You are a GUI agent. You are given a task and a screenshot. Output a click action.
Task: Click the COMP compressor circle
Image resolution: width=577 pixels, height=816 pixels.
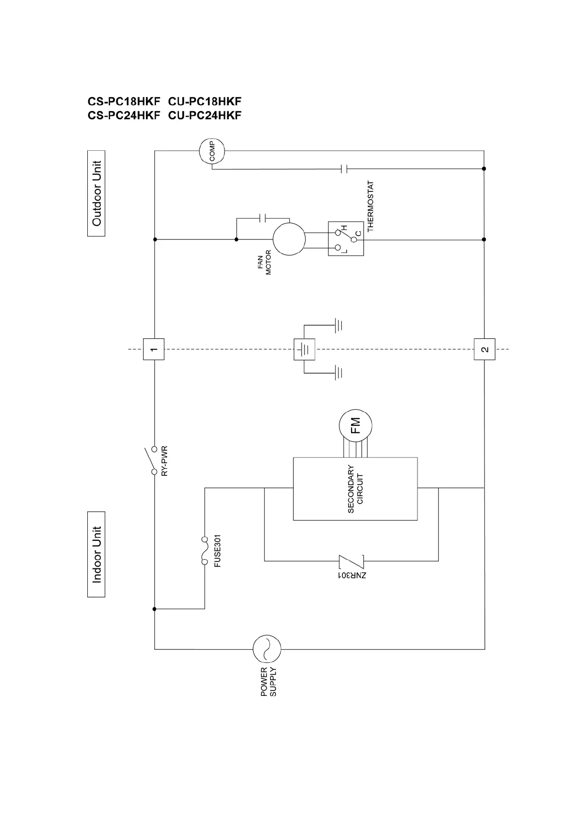(x=212, y=151)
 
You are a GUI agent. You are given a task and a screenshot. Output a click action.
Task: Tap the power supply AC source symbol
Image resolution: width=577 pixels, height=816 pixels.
(x=267, y=649)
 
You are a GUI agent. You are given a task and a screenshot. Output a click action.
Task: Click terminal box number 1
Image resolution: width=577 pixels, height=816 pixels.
(x=154, y=349)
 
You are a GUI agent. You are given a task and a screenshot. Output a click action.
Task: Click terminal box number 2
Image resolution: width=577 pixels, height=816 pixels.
(x=484, y=349)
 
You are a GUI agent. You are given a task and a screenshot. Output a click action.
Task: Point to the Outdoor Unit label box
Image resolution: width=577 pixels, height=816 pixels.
(x=96, y=193)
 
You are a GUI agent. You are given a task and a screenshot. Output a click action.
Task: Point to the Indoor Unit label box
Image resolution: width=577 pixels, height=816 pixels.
(x=96, y=554)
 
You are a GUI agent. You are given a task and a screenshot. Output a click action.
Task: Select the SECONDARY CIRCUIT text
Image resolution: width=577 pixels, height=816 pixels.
(x=355, y=489)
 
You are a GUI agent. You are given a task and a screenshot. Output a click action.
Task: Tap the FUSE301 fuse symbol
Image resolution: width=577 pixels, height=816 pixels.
(x=205, y=551)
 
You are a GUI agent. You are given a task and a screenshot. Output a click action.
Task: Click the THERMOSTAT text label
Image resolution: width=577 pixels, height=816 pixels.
(x=371, y=207)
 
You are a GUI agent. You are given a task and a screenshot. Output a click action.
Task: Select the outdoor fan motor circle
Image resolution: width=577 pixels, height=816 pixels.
(x=289, y=239)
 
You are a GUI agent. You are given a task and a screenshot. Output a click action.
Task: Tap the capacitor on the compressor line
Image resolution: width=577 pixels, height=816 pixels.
(x=344, y=169)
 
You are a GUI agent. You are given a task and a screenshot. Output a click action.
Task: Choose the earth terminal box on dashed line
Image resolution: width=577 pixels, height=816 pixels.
(x=304, y=349)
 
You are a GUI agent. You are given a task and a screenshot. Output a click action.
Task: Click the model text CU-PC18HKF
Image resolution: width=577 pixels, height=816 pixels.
(x=205, y=102)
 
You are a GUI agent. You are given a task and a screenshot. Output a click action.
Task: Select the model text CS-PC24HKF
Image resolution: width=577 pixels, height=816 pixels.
(x=124, y=116)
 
